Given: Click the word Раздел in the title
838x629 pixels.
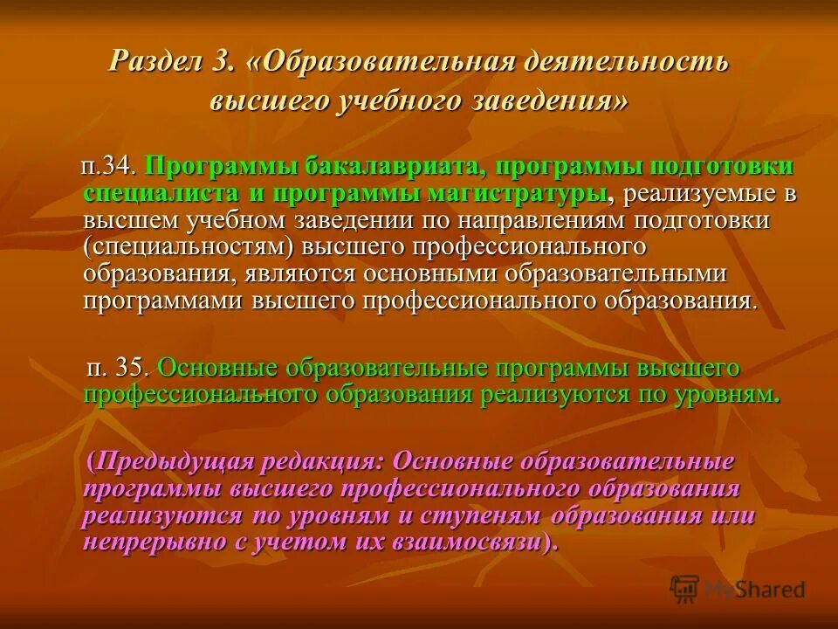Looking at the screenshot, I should pyautogui.click(x=154, y=62).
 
